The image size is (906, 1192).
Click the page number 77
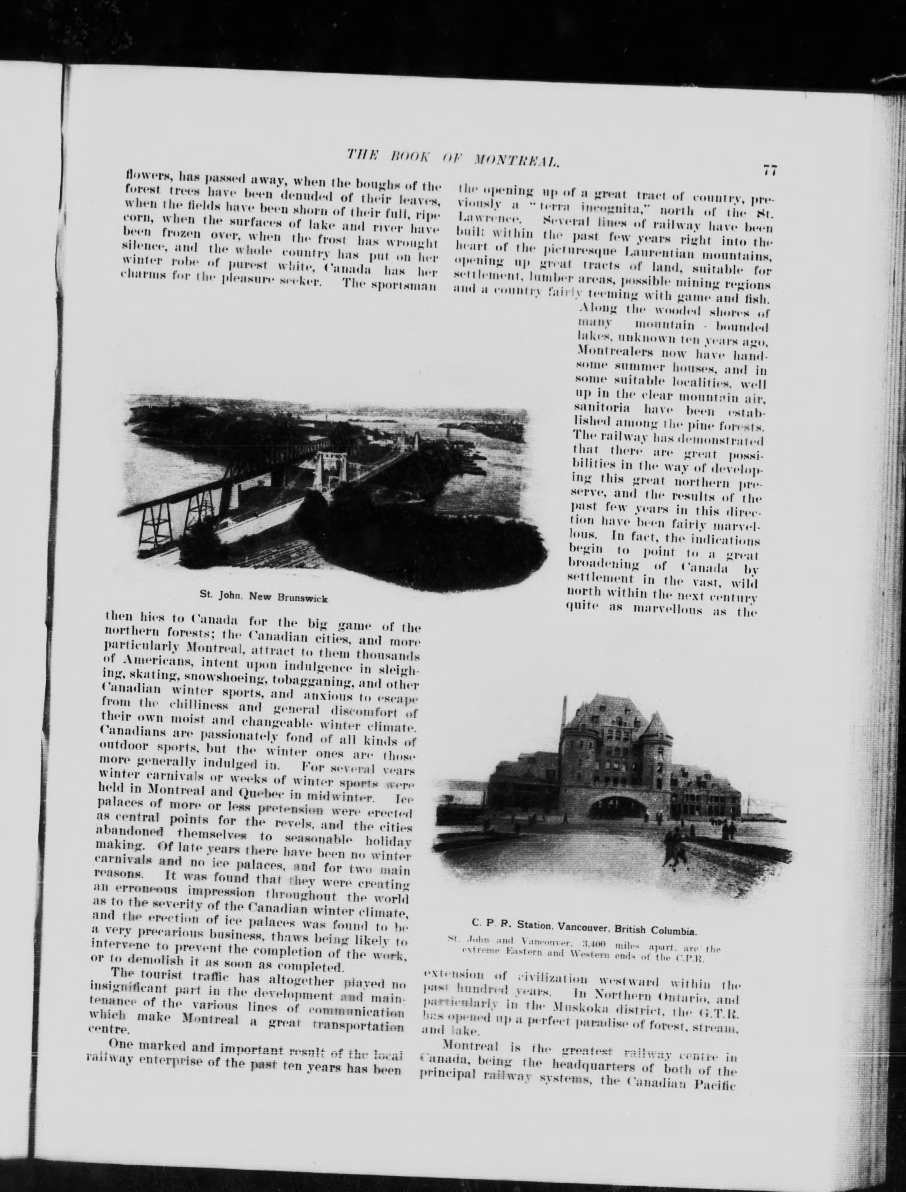pos(769,171)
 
